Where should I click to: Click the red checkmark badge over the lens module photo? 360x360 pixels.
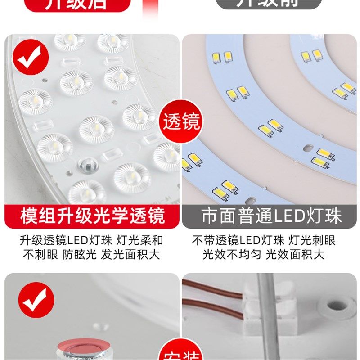point(29,57)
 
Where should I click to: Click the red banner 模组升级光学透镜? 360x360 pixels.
point(92,216)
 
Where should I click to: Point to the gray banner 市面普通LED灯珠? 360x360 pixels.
point(271,216)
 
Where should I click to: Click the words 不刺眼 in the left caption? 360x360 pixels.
point(40,255)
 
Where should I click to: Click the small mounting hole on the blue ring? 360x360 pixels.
point(307,147)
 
